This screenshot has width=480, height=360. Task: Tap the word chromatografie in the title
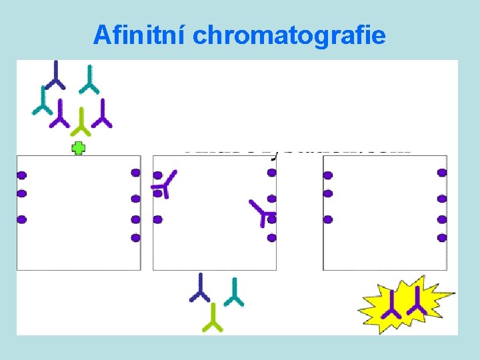[x=289, y=35]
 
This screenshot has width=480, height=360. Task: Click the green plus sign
[x=79, y=148]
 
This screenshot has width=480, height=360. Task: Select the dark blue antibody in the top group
[x=55, y=75]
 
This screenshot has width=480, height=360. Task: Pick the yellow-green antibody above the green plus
[x=81, y=121]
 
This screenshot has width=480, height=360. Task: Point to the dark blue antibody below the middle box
[x=199, y=287]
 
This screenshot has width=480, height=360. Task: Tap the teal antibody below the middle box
[x=234, y=292]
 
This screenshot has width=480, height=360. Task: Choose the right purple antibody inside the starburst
[x=417, y=301]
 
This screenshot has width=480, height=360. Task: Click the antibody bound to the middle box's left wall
[x=163, y=183]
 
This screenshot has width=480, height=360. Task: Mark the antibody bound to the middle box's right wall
[x=263, y=211]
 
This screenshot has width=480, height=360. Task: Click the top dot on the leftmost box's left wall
[x=21, y=175]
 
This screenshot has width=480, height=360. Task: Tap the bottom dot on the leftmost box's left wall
[x=21, y=219]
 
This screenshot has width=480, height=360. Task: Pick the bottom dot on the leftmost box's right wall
[x=136, y=237]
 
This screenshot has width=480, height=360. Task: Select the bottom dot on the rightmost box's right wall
[x=442, y=237]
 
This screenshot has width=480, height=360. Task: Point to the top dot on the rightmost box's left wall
[x=327, y=175]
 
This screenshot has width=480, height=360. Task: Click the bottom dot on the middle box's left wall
[x=158, y=219]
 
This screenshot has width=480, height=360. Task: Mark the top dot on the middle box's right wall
[x=271, y=173]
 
